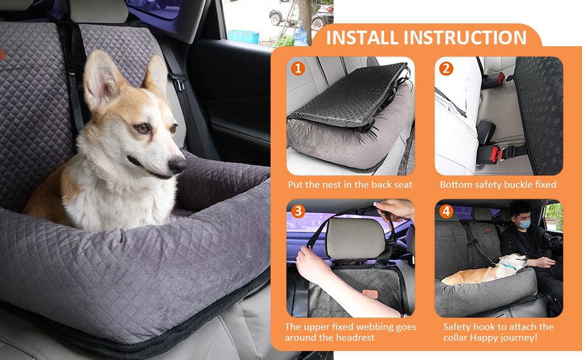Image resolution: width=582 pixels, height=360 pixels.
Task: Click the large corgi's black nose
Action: point(178,164)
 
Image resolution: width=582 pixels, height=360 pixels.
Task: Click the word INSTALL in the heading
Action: point(362,37)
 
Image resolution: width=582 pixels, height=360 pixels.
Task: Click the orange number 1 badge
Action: point(298,68)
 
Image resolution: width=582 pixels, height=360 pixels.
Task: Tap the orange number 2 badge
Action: point(446,68)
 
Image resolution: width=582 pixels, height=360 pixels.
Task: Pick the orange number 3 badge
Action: point(298,211)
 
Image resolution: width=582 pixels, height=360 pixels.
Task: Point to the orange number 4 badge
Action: point(446,211)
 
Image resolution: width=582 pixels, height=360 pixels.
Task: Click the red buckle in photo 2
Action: point(496,154)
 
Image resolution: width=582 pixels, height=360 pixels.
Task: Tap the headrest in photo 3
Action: point(356,238)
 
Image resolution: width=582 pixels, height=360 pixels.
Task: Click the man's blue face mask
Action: point(524,224)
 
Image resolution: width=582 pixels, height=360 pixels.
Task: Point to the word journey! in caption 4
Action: point(519,338)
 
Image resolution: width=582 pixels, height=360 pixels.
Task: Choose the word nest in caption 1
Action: point(329,185)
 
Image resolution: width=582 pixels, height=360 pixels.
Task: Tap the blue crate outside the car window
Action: point(243,37)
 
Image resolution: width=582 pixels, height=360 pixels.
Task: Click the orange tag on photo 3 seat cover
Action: point(370,294)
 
